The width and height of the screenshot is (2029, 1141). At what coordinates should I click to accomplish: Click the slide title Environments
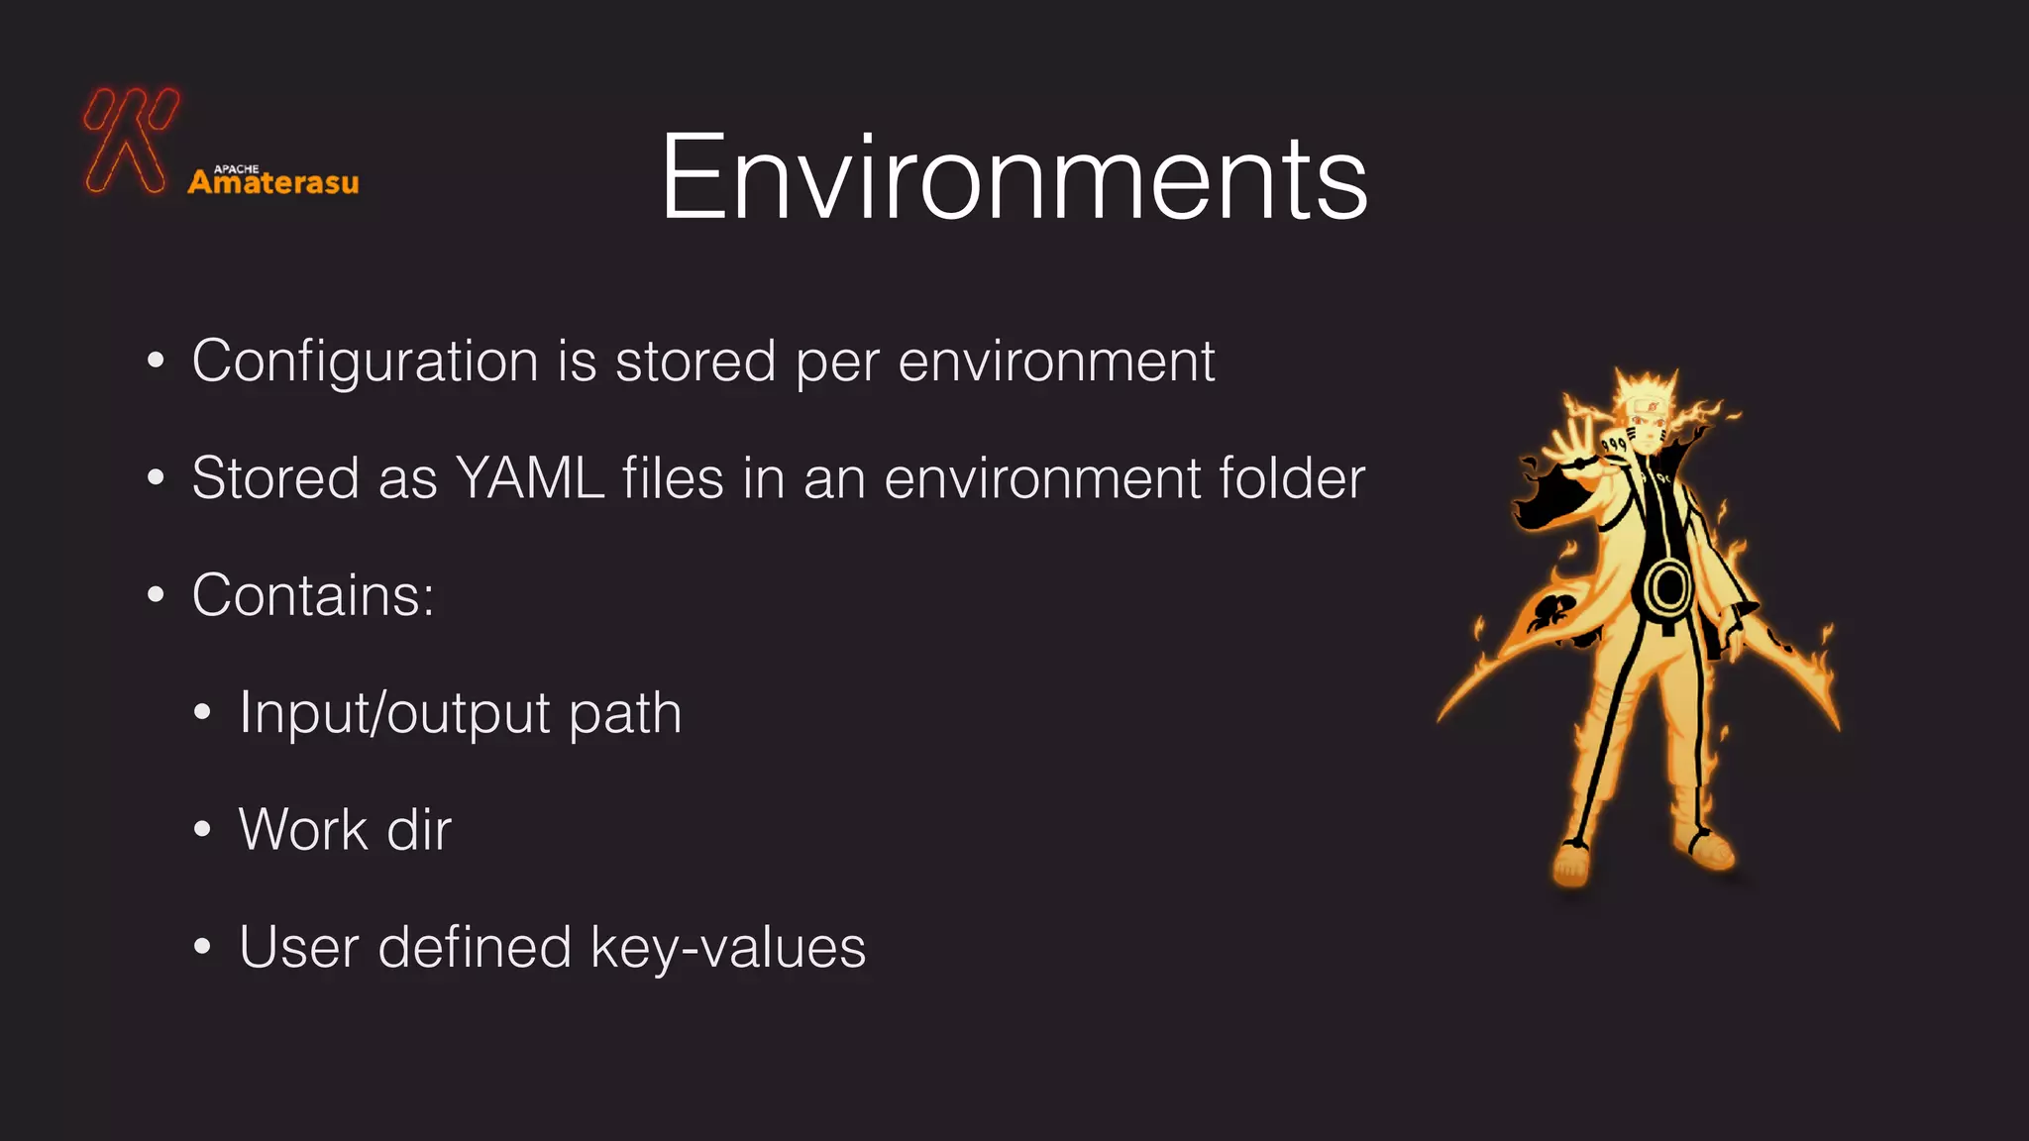click(1014, 178)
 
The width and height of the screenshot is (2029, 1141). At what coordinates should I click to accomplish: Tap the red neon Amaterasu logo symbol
click(131, 140)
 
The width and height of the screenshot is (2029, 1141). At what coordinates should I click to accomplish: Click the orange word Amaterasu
click(273, 183)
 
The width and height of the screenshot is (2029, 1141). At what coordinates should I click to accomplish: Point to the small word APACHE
click(237, 169)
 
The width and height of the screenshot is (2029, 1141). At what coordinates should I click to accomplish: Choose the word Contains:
click(313, 595)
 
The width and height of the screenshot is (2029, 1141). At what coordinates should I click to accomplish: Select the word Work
click(303, 830)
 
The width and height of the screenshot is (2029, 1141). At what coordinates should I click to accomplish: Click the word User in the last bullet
click(298, 948)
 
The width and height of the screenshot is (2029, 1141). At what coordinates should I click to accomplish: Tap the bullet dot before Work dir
click(202, 829)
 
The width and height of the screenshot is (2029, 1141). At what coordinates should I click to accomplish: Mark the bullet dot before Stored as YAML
click(156, 478)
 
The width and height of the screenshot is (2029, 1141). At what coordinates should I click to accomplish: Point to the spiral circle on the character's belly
click(1669, 586)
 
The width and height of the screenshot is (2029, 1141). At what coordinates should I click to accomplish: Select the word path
click(625, 713)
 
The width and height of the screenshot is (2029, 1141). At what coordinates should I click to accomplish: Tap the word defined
click(475, 948)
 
